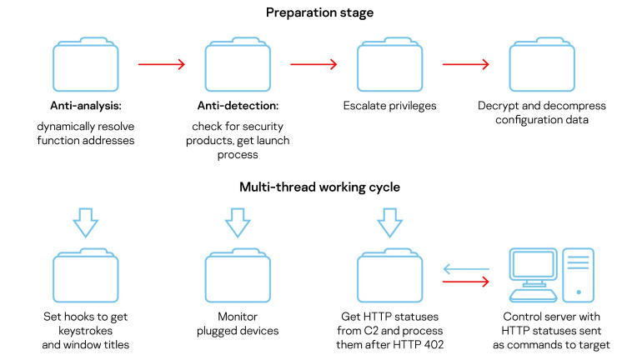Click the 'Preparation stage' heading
[320, 12]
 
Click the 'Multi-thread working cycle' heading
[320, 187]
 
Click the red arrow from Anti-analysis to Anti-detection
[161, 63]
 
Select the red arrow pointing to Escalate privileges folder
[313, 63]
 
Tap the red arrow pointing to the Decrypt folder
[465, 63]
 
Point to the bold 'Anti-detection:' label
[238, 107]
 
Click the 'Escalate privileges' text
[389, 107]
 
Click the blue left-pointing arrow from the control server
[465, 268]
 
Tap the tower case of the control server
[578, 273]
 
